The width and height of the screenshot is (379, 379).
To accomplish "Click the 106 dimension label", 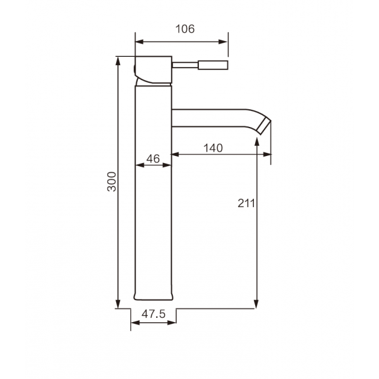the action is tap(185, 29).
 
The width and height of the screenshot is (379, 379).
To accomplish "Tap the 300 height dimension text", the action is tap(112, 181).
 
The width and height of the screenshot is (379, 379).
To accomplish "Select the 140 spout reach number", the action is tap(213, 148).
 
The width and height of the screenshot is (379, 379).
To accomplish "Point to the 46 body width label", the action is tap(153, 159).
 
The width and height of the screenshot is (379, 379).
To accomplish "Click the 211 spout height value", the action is tap(246, 203).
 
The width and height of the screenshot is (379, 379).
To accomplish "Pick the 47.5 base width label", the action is tap(153, 314).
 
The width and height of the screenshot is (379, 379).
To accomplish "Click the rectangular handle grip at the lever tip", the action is tap(213, 65).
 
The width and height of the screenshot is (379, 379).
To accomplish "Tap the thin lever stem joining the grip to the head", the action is tap(185, 65).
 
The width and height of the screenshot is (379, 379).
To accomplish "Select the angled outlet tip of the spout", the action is tap(264, 126).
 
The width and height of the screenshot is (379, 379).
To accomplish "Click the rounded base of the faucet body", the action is tap(153, 296).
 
